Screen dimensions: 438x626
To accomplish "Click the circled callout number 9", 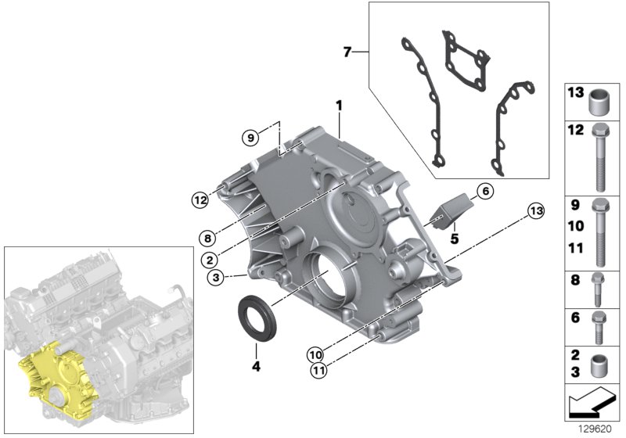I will click(250, 138).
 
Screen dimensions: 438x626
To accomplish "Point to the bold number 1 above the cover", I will click(339, 104).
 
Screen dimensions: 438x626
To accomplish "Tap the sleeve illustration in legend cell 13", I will click(600, 100).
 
